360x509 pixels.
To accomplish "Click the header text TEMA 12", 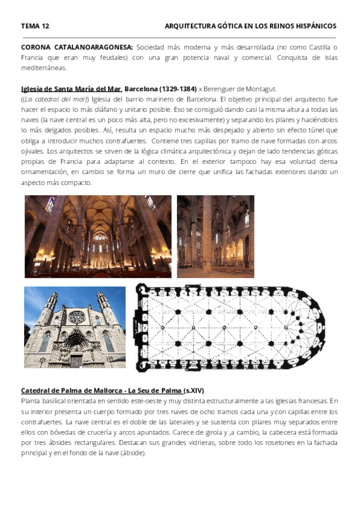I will coord(35,26).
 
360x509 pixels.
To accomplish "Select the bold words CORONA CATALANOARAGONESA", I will coord(77,47).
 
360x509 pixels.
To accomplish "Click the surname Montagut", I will coord(259,89).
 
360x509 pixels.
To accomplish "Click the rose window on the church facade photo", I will coord(76,316).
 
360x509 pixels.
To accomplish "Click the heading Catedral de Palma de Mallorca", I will coord(71,390).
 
